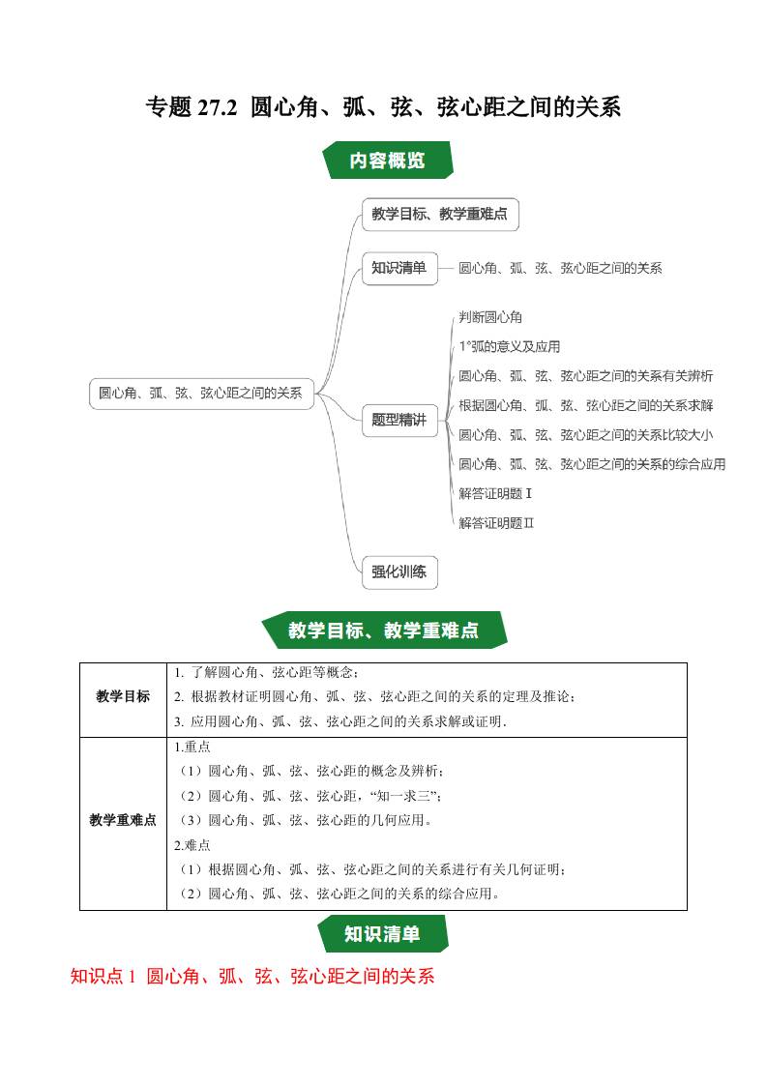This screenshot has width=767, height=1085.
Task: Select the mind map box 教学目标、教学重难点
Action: (439, 215)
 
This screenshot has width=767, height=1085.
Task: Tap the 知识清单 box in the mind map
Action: (398, 268)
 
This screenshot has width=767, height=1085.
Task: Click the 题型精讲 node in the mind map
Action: (398, 420)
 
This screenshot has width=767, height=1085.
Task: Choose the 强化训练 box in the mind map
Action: (398, 572)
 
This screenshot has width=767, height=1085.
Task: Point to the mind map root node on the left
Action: (201, 393)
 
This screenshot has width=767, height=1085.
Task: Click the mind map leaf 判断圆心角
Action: (491, 316)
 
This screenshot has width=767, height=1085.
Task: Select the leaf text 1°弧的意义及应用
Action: (510, 346)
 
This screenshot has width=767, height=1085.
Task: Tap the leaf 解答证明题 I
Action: (496, 493)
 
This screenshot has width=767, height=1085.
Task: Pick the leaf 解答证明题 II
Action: (497, 523)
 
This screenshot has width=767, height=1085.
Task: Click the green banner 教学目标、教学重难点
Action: (383, 630)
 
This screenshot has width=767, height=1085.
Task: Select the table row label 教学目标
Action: (123, 696)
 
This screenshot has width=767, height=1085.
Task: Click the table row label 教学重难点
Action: (123, 820)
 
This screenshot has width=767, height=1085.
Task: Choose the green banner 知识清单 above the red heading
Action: (382, 934)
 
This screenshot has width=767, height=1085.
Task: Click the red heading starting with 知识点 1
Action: (252, 977)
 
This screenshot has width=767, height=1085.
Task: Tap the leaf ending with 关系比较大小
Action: (586, 435)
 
